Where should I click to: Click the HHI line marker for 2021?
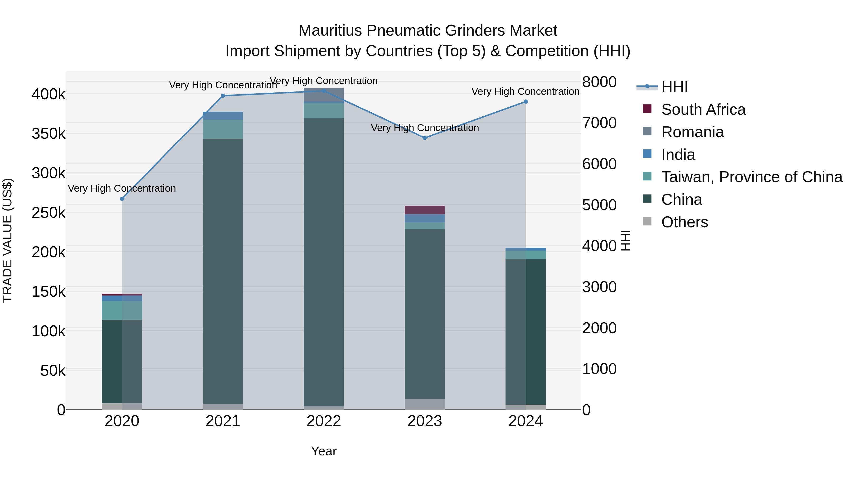pos(223,96)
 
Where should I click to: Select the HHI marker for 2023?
pos(425,138)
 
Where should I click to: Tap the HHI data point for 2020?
pos(122,199)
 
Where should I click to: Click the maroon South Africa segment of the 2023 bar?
pos(425,210)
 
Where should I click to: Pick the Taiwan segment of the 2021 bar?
pos(223,129)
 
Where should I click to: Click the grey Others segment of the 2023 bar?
pos(425,404)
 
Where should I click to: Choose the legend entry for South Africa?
pos(703,110)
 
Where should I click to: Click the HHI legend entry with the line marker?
pos(674,87)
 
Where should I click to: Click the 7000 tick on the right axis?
pos(599,123)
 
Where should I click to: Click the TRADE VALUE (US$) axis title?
pos(7,240)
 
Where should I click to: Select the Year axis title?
pos(324,451)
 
